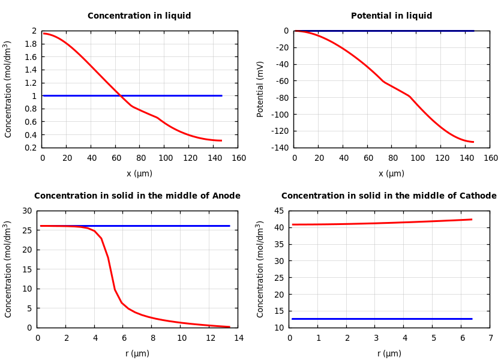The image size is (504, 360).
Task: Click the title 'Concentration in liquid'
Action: [x=139, y=16]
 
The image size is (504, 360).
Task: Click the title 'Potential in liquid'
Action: [x=391, y=16]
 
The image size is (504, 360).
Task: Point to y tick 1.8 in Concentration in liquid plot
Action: [x=30, y=44]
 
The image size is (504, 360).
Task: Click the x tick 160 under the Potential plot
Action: [x=490, y=158]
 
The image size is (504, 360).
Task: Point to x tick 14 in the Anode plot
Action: [x=238, y=338]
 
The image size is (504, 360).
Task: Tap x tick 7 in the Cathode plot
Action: [x=490, y=338]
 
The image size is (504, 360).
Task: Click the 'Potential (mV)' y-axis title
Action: [x=260, y=89]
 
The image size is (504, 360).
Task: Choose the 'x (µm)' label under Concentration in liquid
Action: [x=139, y=174]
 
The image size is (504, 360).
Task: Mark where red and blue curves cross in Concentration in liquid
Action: [x=120, y=95]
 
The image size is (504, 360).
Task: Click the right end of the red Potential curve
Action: [x=473, y=142]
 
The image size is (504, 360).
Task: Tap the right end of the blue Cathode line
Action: [x=472, y=319]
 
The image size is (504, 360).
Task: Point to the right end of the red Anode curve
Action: [x=229, y=327]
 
